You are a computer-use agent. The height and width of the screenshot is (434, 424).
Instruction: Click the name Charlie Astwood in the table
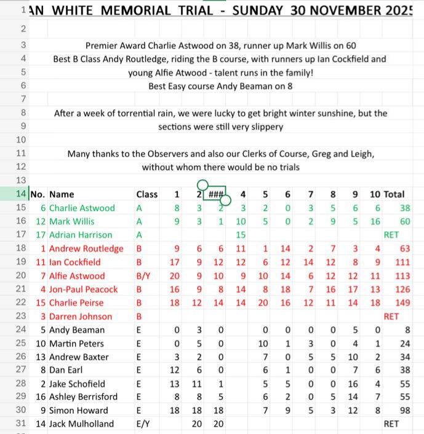(x=82, y=208)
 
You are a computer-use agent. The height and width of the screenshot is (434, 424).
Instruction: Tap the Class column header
(x=147, y=194)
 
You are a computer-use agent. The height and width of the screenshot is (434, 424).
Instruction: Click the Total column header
(x=394, y=194)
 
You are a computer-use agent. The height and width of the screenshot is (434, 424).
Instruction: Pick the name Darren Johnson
(x=81, y=317)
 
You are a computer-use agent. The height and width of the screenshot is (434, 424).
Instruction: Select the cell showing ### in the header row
(x=215, y=194)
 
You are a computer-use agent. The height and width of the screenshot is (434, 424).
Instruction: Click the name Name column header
(x=61, y=194)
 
